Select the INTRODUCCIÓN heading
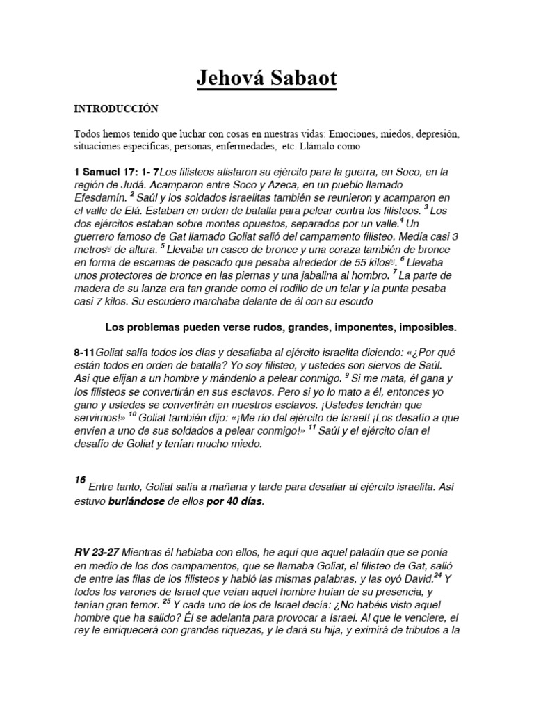(x=116, y=109)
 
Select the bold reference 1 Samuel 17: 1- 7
(x=116, y=172)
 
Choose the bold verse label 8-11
(x=85, y=353)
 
